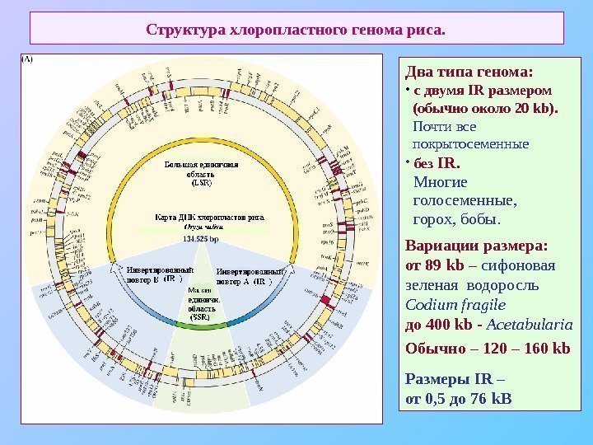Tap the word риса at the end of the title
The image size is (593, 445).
click(426, 30)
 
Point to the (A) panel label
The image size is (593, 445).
click(27, 59)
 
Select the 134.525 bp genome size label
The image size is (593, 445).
click(201, 239)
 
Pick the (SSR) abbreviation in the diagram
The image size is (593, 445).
click(200, 317)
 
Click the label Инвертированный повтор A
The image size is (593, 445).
click(250, 275)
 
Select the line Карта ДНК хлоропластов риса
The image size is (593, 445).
click(210, 218)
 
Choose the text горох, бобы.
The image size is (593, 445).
click(456, 219)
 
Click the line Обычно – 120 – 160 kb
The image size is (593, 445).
click(488, 348)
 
